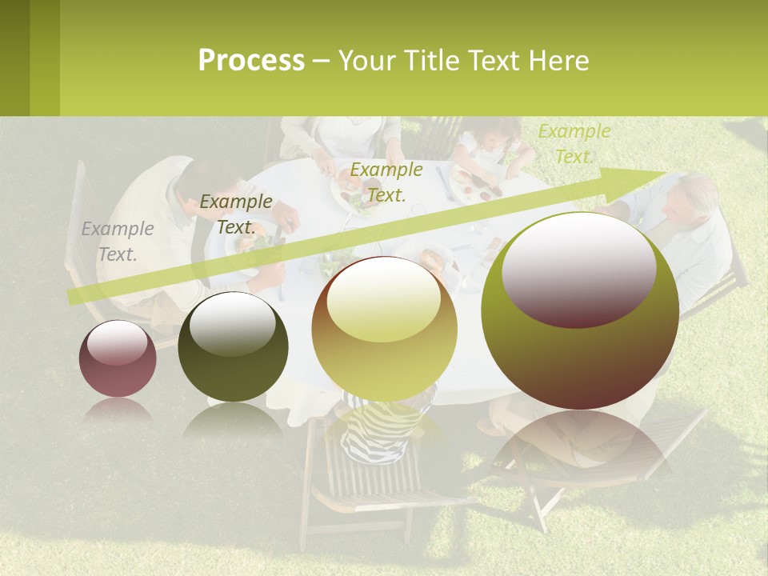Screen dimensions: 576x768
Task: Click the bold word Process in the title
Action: pyautogui.click(x=251, y=61)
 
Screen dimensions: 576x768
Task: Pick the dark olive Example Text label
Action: pyautogui.click(x=236, y=214)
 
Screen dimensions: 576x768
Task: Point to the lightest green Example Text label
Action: pyautogui.click(x=574, y=144)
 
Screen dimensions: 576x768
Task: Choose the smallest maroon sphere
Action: pyautogui.click(x=118, y=358)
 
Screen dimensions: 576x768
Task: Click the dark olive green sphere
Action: pyautogui.click(x=233, y=346)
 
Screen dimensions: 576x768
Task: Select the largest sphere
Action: pyautogui.click(x=580, y=310)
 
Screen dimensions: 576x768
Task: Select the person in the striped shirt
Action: pyautogui.click(x=381, y=428)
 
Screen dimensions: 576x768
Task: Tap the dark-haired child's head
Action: pyautogui.click(x=492, y=133)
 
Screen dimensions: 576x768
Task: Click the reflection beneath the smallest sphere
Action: pyautogui.click(x=118, y=410)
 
